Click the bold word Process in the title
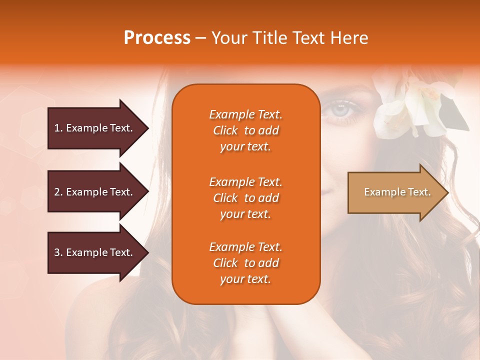157,38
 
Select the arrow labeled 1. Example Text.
95,128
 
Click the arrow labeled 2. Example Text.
95,192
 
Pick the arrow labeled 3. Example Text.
95,252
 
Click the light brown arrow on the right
395,192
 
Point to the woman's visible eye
340,107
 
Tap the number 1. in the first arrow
58,128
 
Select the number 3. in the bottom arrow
58,252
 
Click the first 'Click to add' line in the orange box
245,130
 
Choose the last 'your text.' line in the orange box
245,279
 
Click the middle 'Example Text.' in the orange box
245,182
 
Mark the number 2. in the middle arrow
58,192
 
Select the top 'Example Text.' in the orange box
245,114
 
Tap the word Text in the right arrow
419,192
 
